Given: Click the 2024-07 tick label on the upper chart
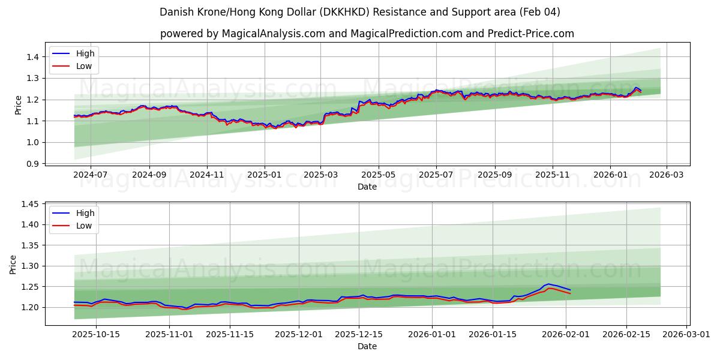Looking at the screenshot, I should (90, 175).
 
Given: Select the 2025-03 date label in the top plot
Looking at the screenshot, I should (320, 175).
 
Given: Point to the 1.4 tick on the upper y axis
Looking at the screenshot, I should (32, 57).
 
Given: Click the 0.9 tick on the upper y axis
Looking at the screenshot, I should (32, 164).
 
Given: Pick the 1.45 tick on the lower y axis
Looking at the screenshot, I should (30, 204).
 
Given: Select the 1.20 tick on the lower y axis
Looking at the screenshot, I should (30, 307).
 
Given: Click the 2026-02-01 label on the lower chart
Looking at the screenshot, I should (566, 334).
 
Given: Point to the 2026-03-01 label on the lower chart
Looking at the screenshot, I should (684, 334).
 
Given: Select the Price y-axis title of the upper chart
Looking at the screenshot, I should (18, 105).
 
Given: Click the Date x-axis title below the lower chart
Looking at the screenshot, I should (367, 346).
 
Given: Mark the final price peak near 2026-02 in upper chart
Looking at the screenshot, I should (636, 88).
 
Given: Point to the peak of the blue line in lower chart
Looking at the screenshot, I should (548, 284).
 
